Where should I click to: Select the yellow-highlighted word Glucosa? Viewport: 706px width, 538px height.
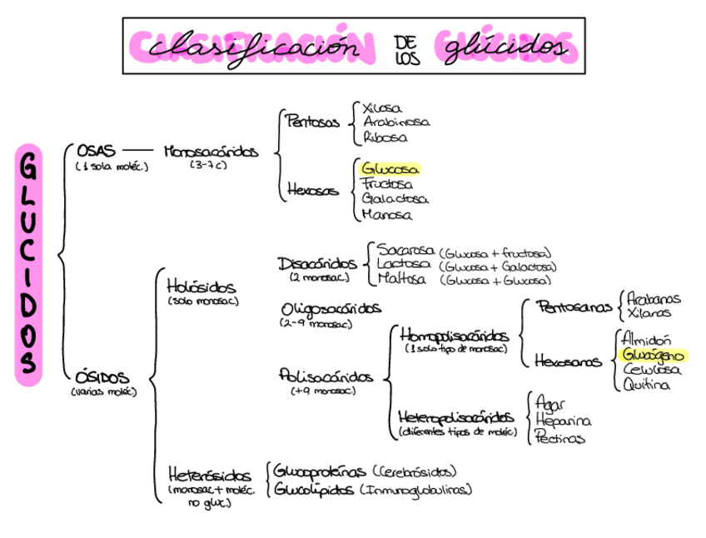click(390, 169)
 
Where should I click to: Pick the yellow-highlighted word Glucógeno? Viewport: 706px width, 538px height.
click(654, 355)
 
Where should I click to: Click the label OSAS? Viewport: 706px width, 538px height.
click(97, 151)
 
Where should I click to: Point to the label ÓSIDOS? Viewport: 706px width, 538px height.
click(102, 376)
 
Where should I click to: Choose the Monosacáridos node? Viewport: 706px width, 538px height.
click(211, 152)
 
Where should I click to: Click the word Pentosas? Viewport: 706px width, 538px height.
click(313, 122)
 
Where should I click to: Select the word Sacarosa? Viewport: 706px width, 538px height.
click(406, 250)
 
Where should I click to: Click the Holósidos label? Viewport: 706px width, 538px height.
click(201, 286)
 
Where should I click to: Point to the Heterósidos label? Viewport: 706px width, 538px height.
click(209, 476)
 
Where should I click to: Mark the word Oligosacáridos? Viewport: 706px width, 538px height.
click(331, 309)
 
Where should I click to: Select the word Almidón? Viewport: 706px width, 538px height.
click(646, 339)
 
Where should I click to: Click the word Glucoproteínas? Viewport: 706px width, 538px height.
click(321, 472)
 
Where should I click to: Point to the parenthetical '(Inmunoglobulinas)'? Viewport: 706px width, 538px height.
click(416, 490)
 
